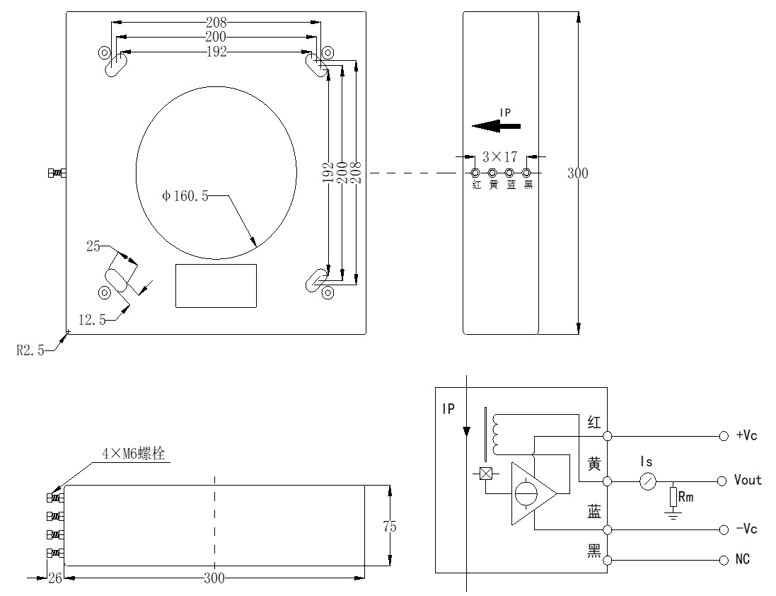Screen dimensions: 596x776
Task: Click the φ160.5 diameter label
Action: (185, 197)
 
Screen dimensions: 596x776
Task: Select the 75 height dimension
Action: (388, 526)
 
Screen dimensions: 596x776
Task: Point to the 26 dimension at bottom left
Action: (54, 578)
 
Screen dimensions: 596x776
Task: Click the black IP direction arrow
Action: (496, 126)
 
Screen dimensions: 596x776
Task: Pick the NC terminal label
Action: (743, 560)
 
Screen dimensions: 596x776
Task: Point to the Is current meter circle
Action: (647, 481)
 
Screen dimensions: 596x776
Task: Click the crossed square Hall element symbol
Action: (486, 475)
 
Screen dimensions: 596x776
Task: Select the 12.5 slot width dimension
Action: (92, 320)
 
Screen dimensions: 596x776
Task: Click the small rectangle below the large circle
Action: (216, 285)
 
